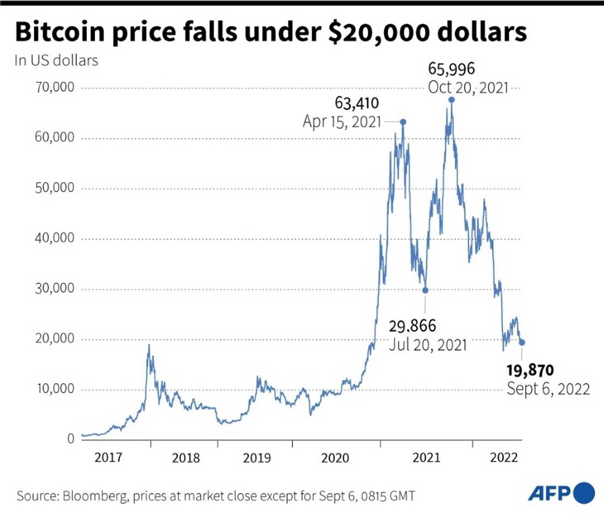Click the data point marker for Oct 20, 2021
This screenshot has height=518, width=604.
point(451,100)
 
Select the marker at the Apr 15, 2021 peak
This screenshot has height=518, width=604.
point(402,122)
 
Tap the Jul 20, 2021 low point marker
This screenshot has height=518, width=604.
point(425,290)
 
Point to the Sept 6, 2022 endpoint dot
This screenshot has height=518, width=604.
point(521,342)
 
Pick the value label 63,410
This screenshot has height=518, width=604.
point(356,102)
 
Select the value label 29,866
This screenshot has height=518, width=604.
point(412,326)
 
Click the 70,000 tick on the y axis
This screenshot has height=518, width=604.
point(55,88)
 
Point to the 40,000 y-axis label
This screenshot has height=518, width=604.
point(55,239)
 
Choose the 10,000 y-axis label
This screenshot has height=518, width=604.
point(55,389)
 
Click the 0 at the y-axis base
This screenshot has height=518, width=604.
point(70,439)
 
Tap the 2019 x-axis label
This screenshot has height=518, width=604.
point(258,458)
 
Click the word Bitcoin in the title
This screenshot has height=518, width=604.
point(63,33)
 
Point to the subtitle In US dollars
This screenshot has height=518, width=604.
point(57,60)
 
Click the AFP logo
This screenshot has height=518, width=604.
point(559,493)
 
